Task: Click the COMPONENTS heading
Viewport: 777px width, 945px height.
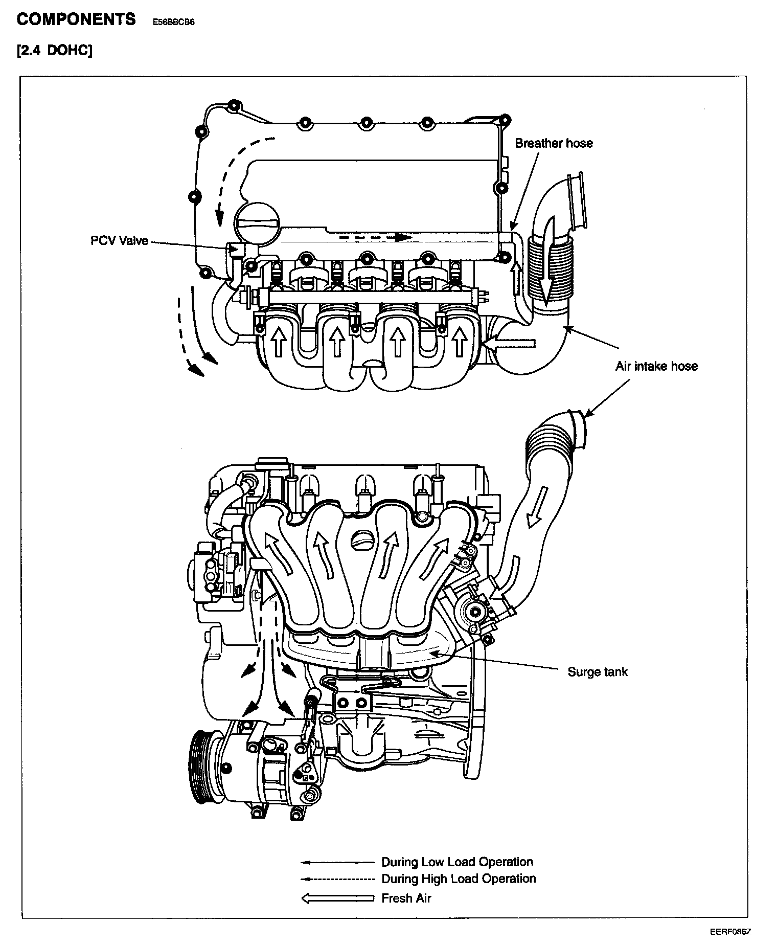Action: coord(76,20)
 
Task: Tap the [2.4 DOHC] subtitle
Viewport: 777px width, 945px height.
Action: coord(54,51)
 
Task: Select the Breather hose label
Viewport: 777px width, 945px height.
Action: coord(554,143)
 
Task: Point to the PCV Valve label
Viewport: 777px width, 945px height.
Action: coord(119,241)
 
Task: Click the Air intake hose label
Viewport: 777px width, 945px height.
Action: coord(656,366)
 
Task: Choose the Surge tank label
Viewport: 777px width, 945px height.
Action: coord(597,672)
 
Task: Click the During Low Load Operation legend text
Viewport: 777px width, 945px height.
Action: coord(457,862)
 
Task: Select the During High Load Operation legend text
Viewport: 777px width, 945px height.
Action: coord(459,879)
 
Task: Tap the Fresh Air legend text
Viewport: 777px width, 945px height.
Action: coord(406,898)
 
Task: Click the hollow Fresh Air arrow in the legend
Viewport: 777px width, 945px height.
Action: coord(338,898)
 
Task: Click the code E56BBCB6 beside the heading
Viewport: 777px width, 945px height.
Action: coord(174,22)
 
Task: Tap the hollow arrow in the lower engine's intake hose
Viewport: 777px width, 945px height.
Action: coord(537,508)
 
